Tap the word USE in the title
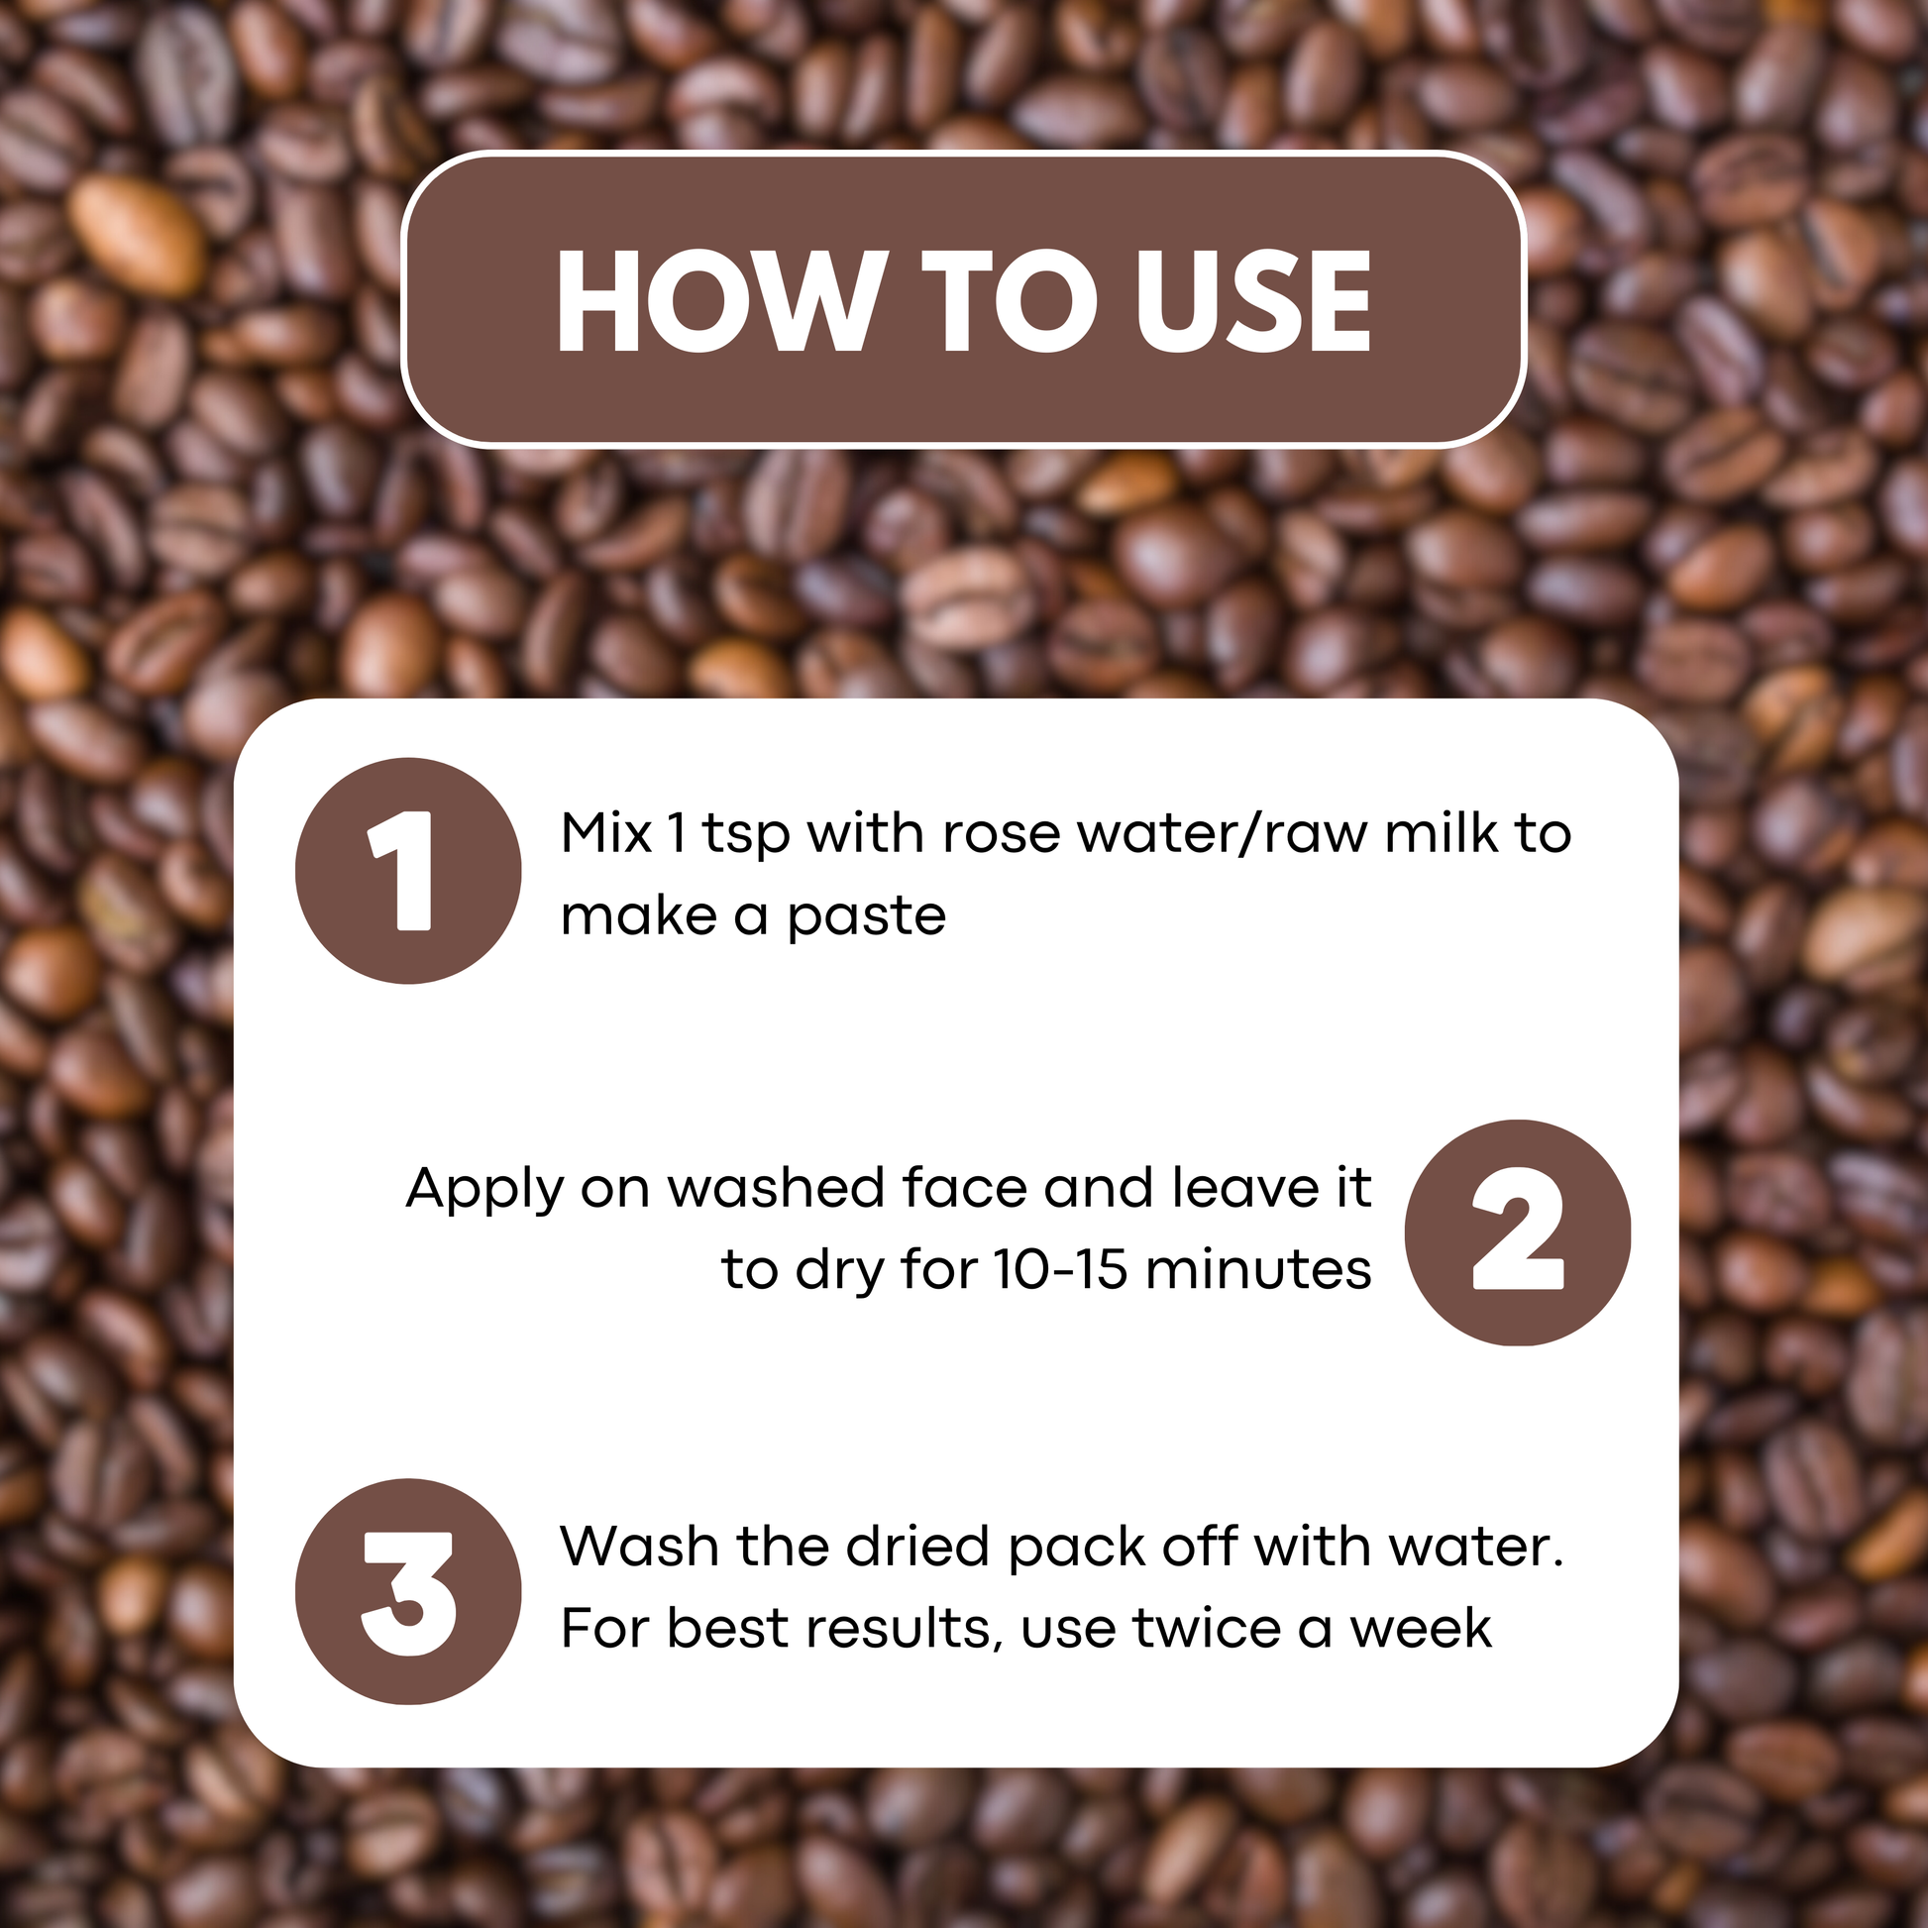(x=1253, y=300)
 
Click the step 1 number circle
(x=408, y=870)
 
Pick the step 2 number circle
(x=1517, y=1232)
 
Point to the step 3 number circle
(x=408, y=1592)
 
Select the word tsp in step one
(x=745, y=837)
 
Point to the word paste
(x=866, y=920)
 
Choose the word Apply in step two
(x=485, y=1193)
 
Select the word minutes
(x=1258, y=1269)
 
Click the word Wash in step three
(x=640, y=1547)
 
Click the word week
(x=1420, y=1629)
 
